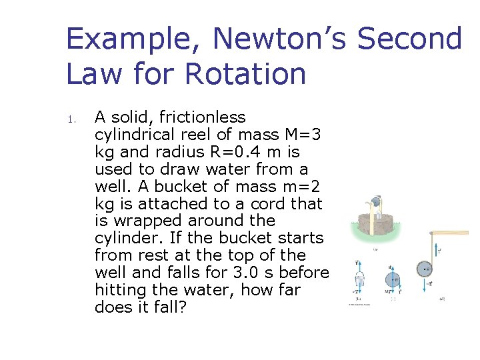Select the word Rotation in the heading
pos(245,73)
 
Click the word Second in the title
pos(409,39)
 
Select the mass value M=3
pos(301,135)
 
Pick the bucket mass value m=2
pos(300,187)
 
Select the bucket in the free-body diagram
pos(360,280)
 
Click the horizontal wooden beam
pos(450,233)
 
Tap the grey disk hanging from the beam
pos(425,270)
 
